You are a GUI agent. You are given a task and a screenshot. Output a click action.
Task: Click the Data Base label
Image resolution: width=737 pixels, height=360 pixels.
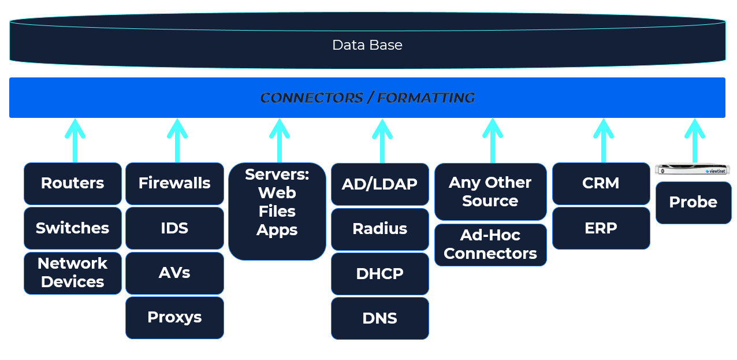click(367, 45)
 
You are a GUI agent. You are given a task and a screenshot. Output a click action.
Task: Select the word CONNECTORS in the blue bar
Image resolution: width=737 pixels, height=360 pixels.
click(311, 98)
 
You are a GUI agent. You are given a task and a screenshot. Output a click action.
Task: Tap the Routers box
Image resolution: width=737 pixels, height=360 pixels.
click(73, 184)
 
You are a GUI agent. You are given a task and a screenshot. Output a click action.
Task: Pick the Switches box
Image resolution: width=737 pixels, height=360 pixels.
click(73, 228)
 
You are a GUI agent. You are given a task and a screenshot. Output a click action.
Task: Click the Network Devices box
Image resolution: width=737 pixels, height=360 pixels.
click(73, 273)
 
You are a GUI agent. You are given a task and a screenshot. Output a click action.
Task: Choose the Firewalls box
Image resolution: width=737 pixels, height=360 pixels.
click(174, 184)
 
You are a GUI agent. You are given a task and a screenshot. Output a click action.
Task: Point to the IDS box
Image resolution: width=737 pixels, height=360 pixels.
click(174, 228)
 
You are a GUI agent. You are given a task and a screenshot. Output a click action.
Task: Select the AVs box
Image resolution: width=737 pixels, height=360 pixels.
click(174, 273)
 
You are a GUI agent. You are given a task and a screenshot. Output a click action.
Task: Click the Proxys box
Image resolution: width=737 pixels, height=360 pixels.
click(174, 318)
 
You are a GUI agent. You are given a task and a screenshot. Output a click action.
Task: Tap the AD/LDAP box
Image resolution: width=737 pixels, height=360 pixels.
click(380, 184)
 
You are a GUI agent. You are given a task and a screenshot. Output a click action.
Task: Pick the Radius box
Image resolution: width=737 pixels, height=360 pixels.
click(380, 229)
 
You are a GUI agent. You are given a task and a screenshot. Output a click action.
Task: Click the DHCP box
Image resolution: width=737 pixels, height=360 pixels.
click(380, 274)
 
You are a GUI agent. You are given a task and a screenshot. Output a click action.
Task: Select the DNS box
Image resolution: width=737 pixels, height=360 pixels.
click(380, 318)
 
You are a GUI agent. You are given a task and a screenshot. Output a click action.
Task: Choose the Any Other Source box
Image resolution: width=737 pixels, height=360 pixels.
click(490, 192)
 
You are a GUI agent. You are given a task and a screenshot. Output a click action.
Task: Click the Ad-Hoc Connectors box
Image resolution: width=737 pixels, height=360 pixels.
click(490, 245)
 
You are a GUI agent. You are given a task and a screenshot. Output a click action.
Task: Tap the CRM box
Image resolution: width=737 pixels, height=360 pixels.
click(601, 184)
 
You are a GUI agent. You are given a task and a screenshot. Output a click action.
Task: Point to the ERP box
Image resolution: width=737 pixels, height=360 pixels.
click(601, 228)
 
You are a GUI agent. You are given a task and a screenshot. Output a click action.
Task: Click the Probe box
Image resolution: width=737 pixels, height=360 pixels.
click(693, 203)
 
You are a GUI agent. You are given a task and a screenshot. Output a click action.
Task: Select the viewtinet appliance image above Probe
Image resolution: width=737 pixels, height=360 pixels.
click(693, 169)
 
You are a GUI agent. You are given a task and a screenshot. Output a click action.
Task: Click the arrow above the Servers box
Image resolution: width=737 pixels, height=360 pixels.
click(280, 140)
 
